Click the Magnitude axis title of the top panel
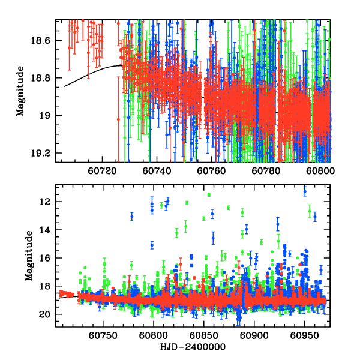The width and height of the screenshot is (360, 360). click(20, 91)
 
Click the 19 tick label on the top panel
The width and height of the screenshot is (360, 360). click(47, 116)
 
